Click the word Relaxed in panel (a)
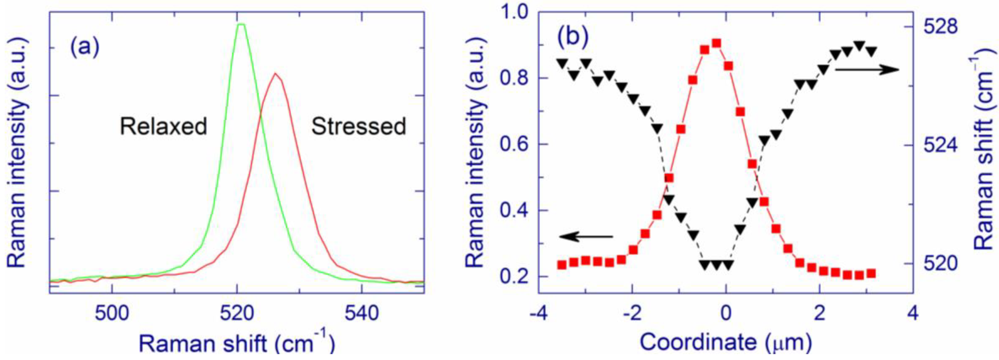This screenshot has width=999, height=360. click(163, 127)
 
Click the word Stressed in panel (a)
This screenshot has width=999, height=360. click(359, 127)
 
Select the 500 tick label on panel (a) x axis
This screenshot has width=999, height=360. click(112, 313)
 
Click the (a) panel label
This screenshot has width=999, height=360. click(85, 48)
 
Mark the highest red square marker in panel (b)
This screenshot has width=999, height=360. click(716, 43)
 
